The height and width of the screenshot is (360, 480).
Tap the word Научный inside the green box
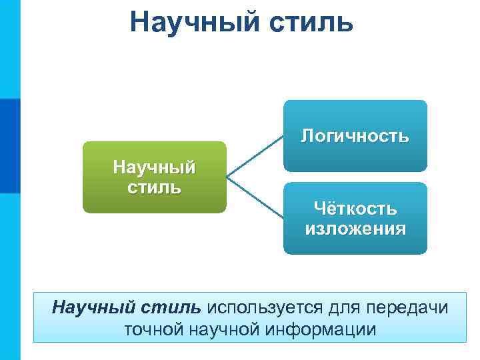[x=154, y=165]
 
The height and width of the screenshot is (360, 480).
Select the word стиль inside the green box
[x=154, y=185]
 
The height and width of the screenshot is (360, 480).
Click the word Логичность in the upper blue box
[x=355, y=136]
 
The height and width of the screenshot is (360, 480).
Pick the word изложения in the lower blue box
[x=355, y=229]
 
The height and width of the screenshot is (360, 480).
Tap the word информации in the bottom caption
[x=320, y=329]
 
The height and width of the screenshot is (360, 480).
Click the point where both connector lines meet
[x=228, y=177]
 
